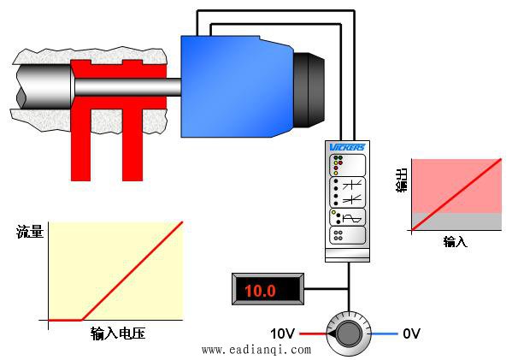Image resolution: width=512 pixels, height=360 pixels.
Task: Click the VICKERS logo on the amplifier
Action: click(347, 147)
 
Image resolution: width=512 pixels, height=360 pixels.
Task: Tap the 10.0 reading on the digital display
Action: click(260, 291)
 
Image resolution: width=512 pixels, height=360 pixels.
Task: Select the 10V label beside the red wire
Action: click(282, 333)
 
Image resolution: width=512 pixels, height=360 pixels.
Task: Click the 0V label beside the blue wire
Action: click(411, 333)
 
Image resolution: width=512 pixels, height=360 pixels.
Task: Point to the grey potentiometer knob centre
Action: click(349, 333)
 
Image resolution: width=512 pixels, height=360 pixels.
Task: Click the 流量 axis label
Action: click(30, 232)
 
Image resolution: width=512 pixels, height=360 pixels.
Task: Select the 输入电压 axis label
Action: click(118, 333)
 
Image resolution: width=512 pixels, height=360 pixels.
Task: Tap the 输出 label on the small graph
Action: click(402, 180)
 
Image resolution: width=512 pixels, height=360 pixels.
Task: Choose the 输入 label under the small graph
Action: click(456, 242)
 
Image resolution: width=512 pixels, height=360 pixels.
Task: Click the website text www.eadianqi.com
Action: click(256, 350)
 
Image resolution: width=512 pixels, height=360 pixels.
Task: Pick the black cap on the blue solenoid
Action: click(309, 90)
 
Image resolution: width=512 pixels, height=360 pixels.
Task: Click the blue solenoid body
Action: click(238, 86)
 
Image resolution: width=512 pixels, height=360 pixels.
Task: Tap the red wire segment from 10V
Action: click(313, 333)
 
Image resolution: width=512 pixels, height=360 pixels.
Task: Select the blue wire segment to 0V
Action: click(385, 333)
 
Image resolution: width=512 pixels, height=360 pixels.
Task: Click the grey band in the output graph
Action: click(456, 221)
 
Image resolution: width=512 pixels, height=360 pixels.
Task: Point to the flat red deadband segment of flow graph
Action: click(65, 320)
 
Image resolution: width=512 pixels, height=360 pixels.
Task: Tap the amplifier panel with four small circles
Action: click(347, 235)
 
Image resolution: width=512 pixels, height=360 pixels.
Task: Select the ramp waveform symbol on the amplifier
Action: click(353, 218)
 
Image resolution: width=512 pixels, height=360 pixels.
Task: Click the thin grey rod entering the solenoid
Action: click(128, 87)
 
